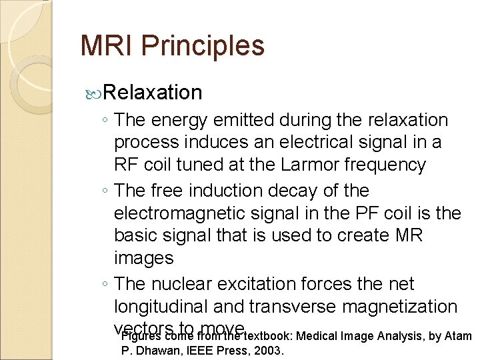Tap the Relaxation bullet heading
[x=153, y=92]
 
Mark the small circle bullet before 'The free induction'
[x=107, y=191]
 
